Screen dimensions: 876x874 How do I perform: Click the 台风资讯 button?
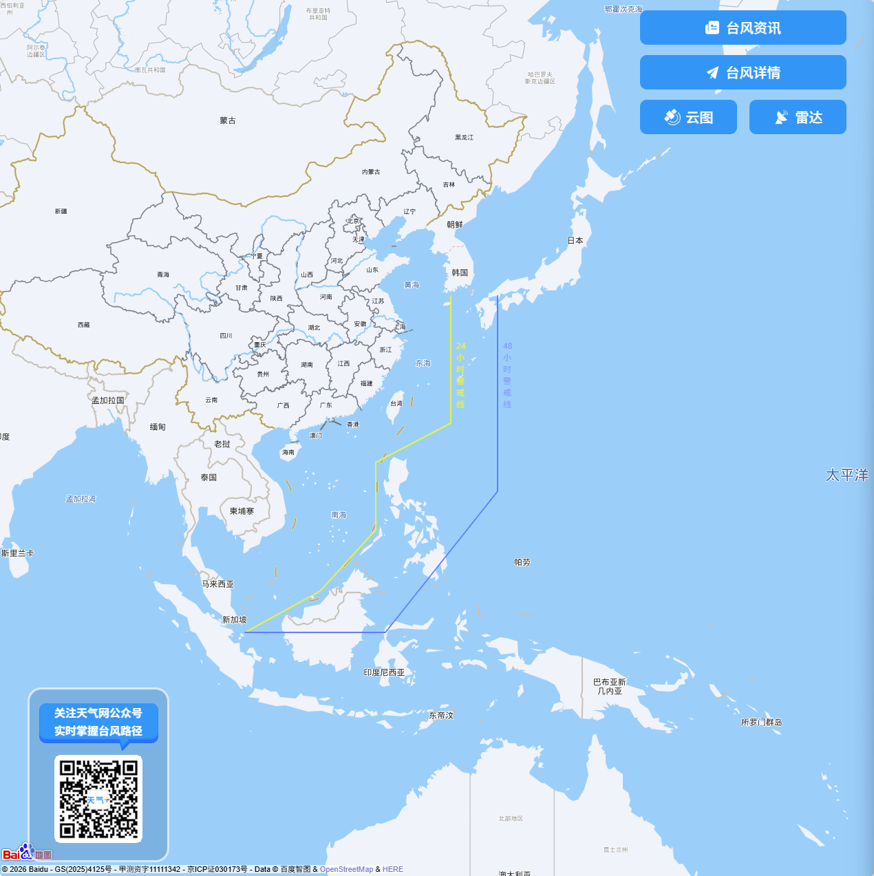[x=743, y=28]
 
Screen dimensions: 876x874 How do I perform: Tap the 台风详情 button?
[x=743, y=72]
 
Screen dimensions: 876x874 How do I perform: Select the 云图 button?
[x=688, y=117]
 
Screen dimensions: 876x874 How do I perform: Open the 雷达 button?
[x=798, y=117]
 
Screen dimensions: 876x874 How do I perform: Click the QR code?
[x=98, y=799]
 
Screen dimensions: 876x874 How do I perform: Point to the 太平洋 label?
[x=846, y=475]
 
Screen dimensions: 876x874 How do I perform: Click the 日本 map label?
[x=575, y=241]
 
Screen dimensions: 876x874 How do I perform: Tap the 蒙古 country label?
[x=228, y=120]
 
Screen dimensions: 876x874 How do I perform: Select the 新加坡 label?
[x=234, y=620]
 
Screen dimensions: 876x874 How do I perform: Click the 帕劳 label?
[x=522, y=562]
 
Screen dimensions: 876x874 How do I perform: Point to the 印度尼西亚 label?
[x=384, y=672]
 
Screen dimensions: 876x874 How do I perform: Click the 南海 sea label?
[x=339, y=515]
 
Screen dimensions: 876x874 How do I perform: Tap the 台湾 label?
[x=396, y=403]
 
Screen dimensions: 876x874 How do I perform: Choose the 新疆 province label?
[x=61, y=211]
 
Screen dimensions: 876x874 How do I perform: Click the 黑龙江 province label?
[x=465, y=138]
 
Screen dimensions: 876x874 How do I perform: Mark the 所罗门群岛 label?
[x=761, y=723]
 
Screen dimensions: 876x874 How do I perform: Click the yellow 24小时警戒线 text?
[x=460, y=375]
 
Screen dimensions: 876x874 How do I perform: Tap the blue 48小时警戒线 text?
[x=507, y=375]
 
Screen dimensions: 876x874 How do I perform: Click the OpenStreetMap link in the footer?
[x=346, y=869]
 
